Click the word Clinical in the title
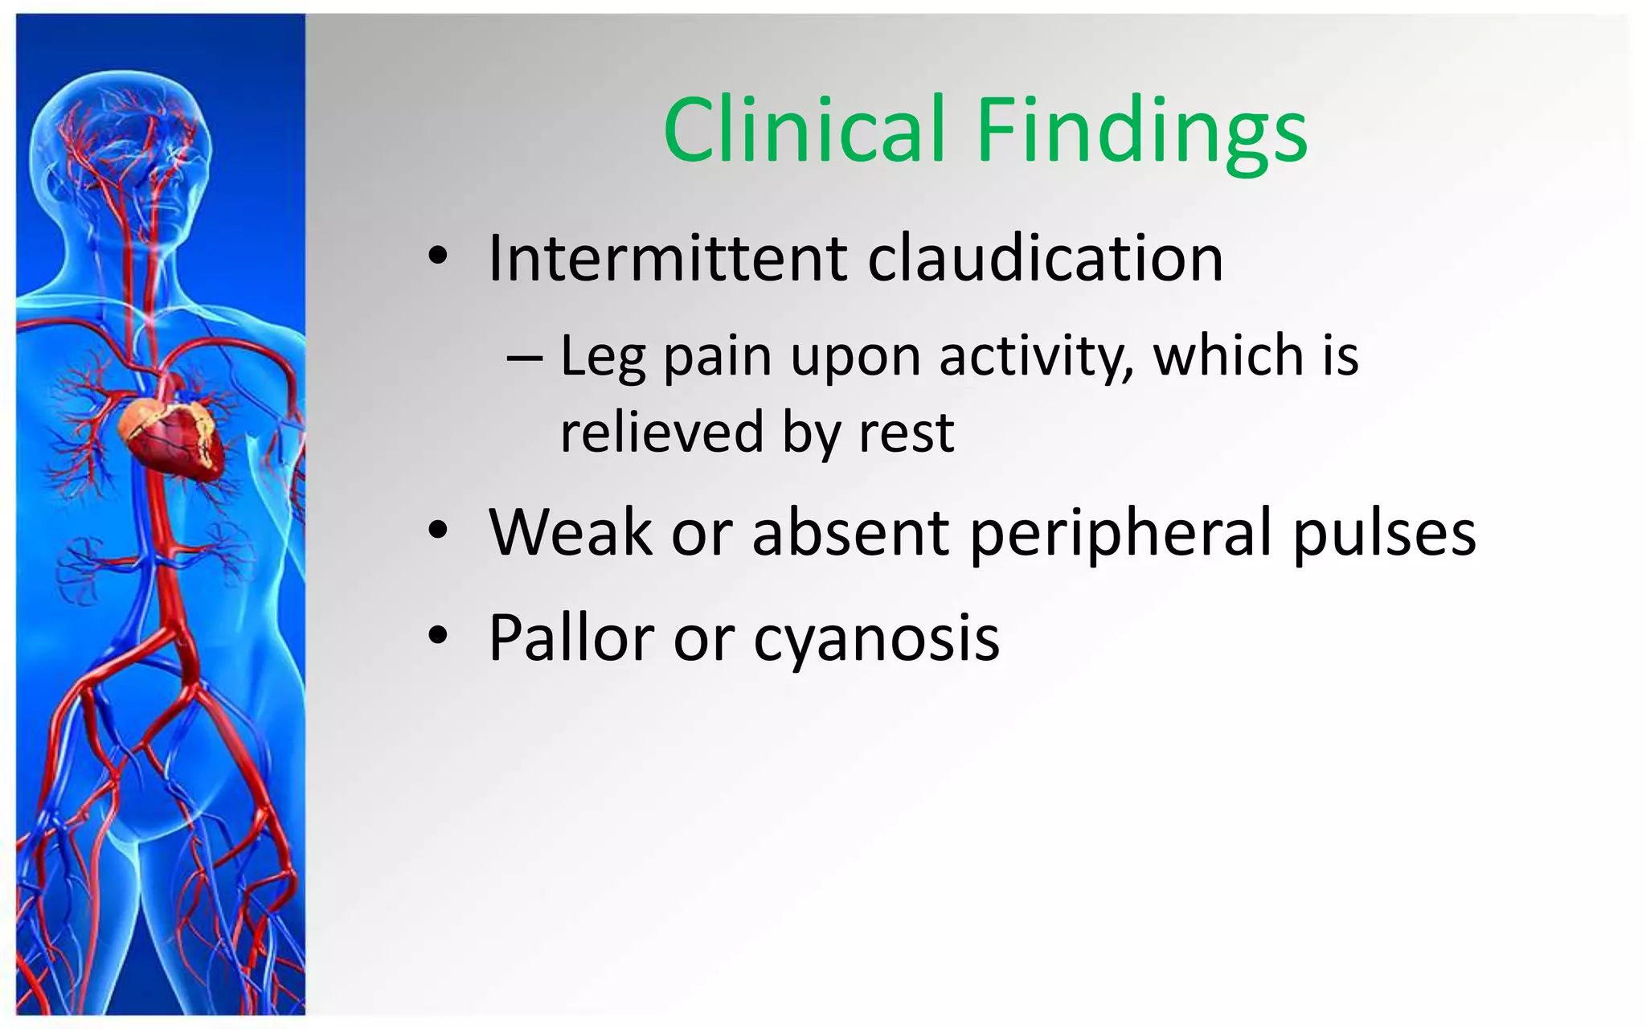coord(804,130)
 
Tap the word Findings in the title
coord(1141,133)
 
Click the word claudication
coord(1045,259)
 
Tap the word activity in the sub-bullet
coord(1037,356)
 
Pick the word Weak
coord(571,532)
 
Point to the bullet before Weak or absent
coord(437,531)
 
